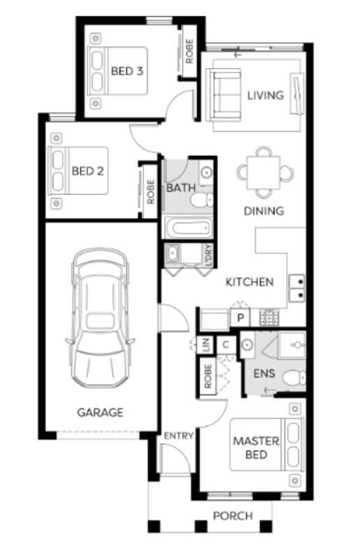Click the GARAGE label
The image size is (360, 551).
100,412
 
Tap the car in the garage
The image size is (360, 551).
100,318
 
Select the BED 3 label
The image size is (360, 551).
127,71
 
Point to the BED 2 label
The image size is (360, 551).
88,171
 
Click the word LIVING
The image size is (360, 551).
266,95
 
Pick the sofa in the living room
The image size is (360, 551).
224,95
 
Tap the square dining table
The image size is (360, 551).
264,173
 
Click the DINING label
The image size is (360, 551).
264,211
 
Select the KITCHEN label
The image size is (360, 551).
250,282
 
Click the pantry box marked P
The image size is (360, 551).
240,318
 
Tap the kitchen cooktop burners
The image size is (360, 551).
269,317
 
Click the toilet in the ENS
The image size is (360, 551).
294,378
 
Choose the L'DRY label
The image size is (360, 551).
209,255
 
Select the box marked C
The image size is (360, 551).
226,345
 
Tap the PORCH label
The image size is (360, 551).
233,516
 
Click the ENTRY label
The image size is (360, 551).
179,436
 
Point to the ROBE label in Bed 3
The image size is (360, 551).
189,51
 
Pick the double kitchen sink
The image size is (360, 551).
297,288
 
